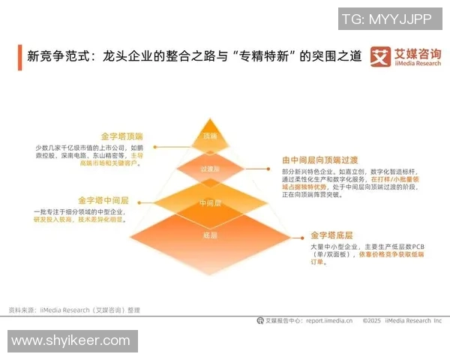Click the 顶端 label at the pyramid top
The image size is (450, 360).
coord(209,136)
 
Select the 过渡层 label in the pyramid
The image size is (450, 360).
coord(209,170)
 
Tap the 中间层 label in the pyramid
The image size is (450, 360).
coord(209,203)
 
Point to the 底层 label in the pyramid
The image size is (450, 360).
coord(209,235)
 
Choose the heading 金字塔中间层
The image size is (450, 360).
coord(103,201)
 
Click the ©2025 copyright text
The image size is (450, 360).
coord(373,320)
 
